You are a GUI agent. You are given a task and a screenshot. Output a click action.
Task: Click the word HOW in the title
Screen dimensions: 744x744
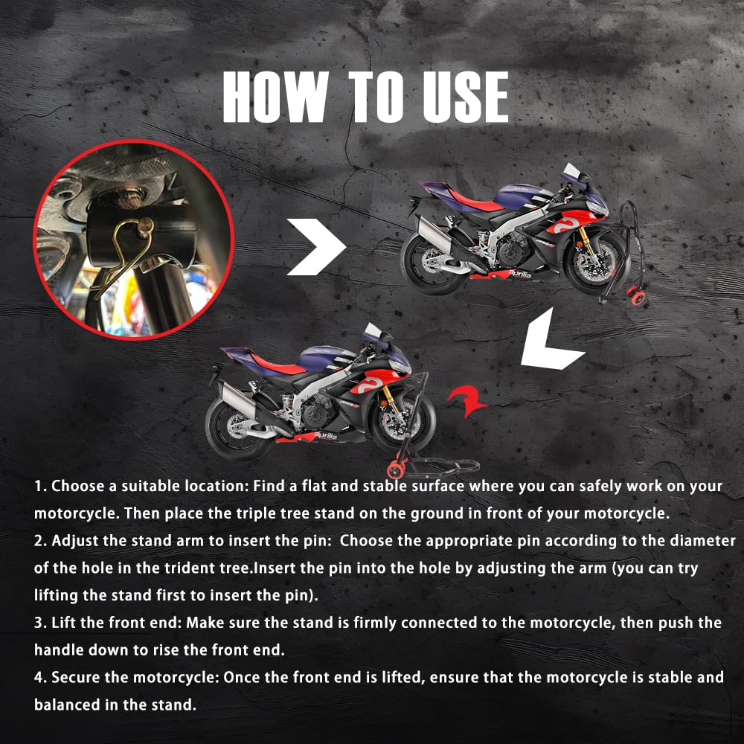tap(275, 97)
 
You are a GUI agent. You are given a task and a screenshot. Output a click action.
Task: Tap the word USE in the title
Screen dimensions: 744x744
tap(466, 97)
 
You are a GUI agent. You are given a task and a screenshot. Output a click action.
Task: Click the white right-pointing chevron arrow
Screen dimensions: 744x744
tap(316, 247)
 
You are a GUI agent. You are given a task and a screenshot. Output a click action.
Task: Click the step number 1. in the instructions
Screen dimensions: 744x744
tap(40, 487)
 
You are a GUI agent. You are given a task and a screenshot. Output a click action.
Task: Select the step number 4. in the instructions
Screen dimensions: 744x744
tap(40, 678)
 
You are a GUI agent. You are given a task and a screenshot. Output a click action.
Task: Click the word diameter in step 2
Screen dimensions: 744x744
tap(702, 540)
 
